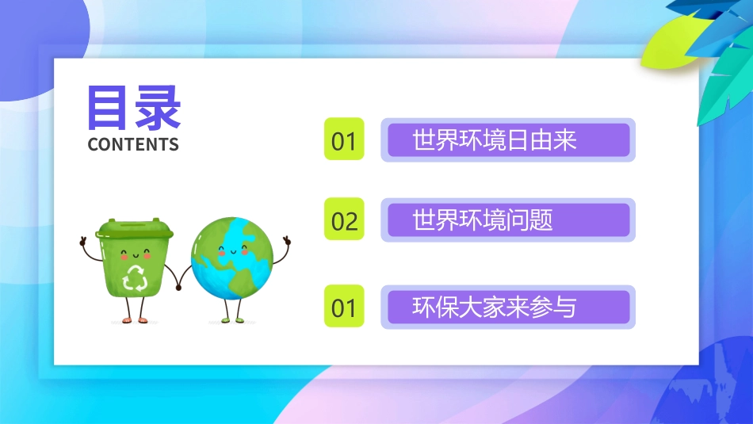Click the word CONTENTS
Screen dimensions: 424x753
[133, 144]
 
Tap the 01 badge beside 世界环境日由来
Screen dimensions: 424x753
[344, 140]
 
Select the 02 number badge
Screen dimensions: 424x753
[344, 220]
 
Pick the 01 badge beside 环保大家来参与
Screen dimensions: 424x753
[344, 307]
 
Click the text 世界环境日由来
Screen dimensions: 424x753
[495, 140]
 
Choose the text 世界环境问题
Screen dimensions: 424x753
[483, 220]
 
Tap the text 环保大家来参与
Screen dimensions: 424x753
[495, 307]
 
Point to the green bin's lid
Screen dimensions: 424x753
[135, 230]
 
